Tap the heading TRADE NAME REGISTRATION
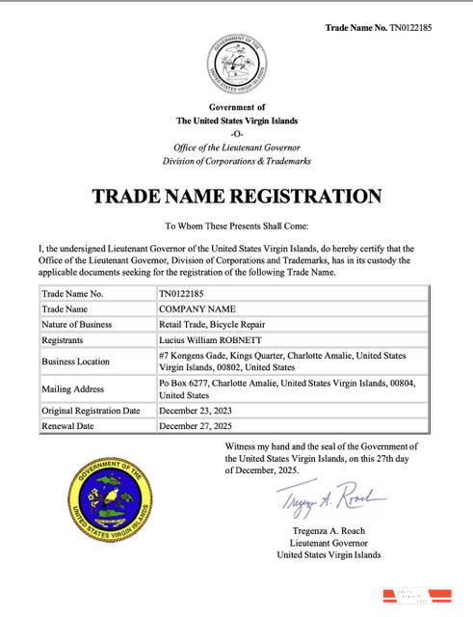point(236,196)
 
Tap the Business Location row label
point(77,362)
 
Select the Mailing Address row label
point(74,389)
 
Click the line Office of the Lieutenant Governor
point(236,146)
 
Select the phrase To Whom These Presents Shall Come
point(236,227)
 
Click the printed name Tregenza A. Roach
point(328,531)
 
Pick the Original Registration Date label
point(92,411)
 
